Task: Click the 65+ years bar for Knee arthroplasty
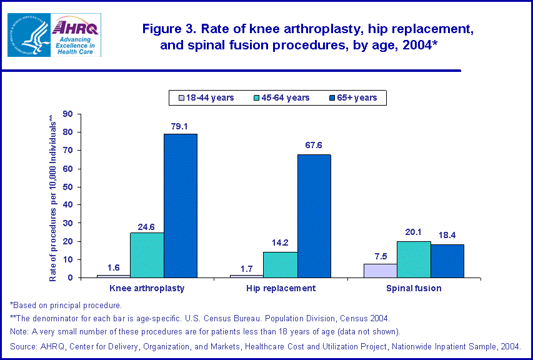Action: pos(181,206)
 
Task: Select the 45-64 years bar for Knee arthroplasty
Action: pos(147,255)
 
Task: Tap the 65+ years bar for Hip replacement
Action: pos(314,216)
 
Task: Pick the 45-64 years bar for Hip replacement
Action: pos(281,264)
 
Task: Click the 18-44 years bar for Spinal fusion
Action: pos(380,271)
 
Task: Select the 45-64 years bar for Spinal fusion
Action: pos(414,259)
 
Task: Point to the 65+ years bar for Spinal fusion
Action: pos(447,261)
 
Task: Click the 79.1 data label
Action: pos(181,126)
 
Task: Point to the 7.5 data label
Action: pos(380,256)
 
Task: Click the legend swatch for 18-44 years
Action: pos(181,97)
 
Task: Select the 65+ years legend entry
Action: pos(354,97)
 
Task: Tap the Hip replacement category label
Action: pos(281,289)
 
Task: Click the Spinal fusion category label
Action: pos(414,289)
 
